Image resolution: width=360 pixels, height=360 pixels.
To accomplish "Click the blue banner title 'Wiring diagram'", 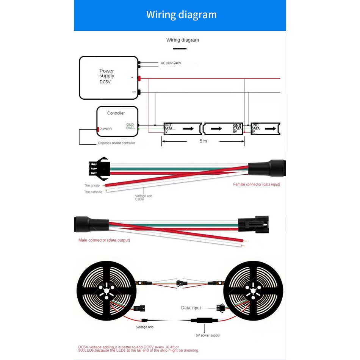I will pos(181,15).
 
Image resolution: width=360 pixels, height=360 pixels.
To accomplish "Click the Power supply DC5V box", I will pos(108,78).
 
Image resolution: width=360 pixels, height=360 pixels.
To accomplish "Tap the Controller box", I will pos(117,121).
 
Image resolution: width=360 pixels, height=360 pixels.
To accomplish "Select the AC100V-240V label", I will pos(171,63).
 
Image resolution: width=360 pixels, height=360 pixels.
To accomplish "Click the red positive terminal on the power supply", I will pos(139,78).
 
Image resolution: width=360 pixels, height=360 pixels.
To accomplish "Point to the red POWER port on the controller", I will pos(98,129).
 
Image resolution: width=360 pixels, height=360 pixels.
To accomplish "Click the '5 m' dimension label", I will pos(203,141).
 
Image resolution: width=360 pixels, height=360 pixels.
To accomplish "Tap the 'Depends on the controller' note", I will pos(116,143).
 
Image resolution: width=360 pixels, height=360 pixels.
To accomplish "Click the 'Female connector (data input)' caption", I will pos(257,184).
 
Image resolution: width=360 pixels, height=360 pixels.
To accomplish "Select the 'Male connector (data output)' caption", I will pos(104,240).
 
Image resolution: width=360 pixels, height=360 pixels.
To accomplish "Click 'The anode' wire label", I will pos(92,185).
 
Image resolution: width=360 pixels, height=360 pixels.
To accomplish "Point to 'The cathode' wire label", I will pos(93,192).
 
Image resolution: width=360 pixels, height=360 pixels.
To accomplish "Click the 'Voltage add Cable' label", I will pos(144,197).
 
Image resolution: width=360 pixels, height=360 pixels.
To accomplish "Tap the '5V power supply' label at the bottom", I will pos(208,335).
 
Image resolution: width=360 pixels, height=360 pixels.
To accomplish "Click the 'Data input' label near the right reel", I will pos(191,308).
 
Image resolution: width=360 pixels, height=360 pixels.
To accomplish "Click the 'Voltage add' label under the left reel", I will pos(145,327).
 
